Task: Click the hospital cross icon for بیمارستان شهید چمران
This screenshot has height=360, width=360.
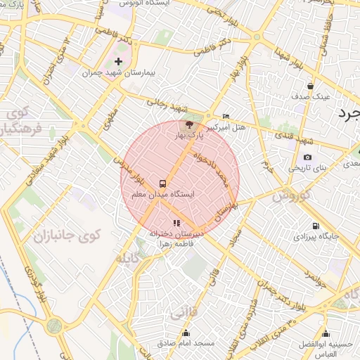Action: click(117, 61)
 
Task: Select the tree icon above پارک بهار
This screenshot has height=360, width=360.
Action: click(181, 124)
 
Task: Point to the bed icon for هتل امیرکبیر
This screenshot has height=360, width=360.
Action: click(226, 116)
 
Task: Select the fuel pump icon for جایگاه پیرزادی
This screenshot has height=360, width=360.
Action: click(316, 226)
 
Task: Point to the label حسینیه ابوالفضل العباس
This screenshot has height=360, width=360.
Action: click(324, 348)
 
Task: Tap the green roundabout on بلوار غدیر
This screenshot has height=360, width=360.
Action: click(54, 326)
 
